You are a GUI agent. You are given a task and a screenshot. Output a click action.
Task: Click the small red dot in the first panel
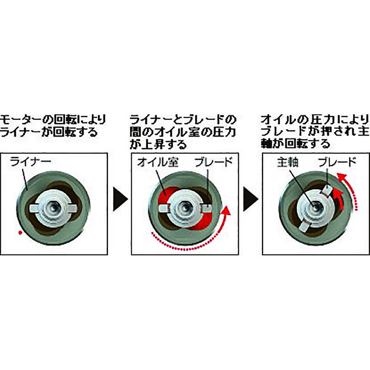point(20,232)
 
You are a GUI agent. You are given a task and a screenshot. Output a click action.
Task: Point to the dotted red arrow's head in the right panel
point(343,177)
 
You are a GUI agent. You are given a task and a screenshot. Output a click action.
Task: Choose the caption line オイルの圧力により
point(315,120)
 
